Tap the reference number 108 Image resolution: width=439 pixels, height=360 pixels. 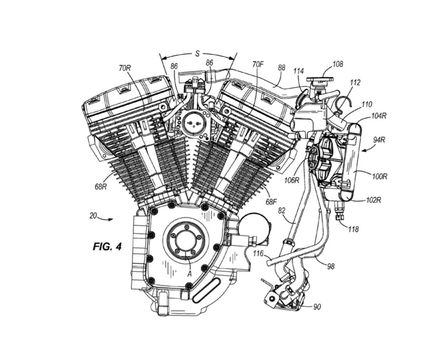338,64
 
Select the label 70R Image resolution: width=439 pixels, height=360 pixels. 125,68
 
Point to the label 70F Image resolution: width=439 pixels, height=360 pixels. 258,63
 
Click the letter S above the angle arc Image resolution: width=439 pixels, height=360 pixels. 197,53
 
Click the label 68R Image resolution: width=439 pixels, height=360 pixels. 100,186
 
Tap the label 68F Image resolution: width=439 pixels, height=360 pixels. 271,202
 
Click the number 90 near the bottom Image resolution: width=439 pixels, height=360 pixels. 317,307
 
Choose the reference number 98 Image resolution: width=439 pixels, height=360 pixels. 330,266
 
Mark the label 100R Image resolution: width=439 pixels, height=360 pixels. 380,176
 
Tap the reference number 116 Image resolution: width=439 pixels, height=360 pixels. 258,253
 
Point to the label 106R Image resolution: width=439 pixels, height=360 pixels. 291,180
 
